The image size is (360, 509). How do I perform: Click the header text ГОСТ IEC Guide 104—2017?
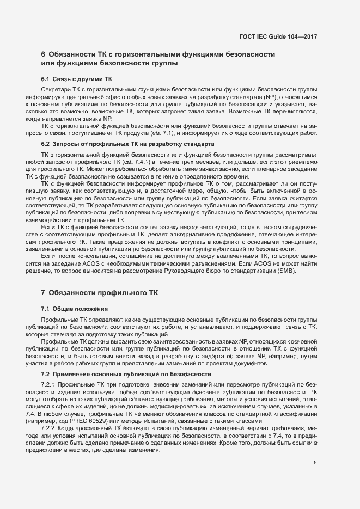278,36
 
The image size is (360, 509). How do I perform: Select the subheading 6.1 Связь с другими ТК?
76,79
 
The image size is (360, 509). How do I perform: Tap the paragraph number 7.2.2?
49,428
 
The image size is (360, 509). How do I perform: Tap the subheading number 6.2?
45,144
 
